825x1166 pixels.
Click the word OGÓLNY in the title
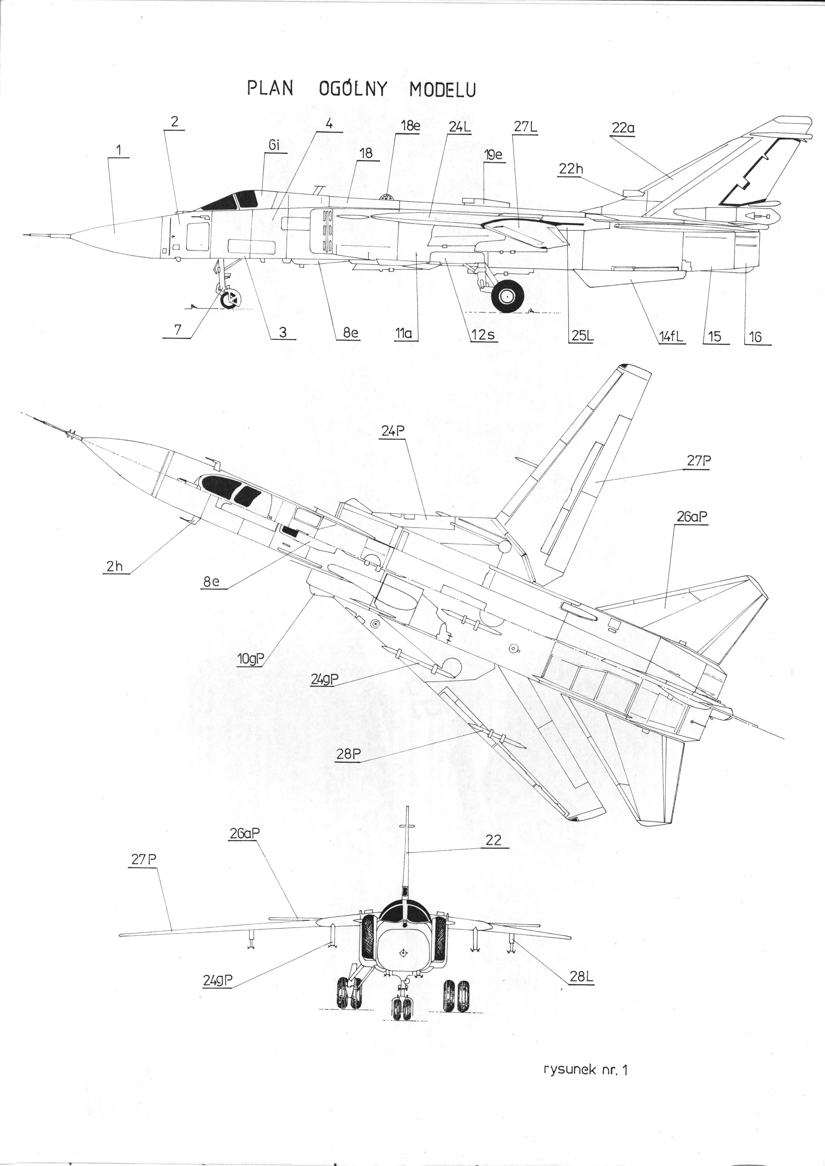point(353,89)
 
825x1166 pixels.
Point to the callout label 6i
point(274,145)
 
